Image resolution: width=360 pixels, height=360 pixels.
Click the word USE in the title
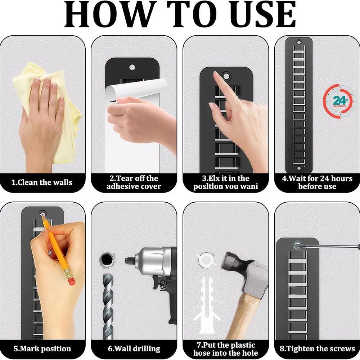[x=264, y=14]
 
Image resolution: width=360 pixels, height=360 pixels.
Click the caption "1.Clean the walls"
[x=42, y=183]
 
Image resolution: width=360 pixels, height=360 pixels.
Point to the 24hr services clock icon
[x=339, y=101]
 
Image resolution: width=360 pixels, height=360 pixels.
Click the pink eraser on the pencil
[x=72, y=281]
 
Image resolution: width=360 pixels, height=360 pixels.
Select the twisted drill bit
[x=108, y=306]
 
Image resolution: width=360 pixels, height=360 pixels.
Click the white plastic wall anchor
[x=206, y=305]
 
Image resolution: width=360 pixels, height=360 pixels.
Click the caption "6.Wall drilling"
[x=134, y=349]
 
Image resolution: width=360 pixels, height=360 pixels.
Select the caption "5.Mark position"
[x=42, y=349]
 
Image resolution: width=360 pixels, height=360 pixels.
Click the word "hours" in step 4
[x=342, y=179]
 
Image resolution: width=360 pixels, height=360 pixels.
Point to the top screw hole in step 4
[x=299, y=42]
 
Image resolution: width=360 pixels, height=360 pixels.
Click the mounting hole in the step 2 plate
[x=132, y=68]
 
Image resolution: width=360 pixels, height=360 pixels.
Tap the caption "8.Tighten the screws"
[x=317, y=349]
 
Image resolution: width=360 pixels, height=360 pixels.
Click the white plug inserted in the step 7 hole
[x=206, y=260]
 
